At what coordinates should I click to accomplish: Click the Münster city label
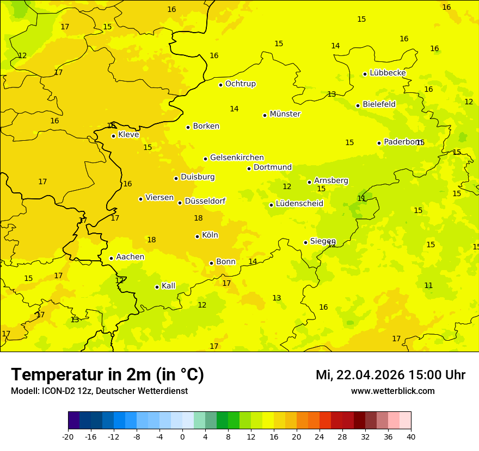[285, 114]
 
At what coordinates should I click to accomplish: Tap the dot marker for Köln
[197, 236]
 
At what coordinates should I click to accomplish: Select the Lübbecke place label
[388, 73]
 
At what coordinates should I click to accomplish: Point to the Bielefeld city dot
[358, 105]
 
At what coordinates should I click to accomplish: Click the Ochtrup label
[240, 84]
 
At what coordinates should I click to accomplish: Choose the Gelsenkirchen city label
[237, 158]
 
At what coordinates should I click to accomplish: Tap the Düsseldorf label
[205, 201]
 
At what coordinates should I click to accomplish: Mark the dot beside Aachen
[111, 258]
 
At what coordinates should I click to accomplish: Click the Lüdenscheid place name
[299, 204]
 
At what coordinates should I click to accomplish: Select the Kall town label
[168, 286]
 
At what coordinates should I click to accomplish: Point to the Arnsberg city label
[331, 180]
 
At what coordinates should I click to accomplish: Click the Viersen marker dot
[140, 199]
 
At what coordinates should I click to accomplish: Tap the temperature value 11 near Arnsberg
[361, 198]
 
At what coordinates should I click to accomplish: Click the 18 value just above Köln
[198, 218]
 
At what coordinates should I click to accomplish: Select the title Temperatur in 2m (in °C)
[107, 374]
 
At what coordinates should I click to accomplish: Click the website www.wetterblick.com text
[392, 391]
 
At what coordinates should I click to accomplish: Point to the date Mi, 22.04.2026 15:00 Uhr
[390, 375]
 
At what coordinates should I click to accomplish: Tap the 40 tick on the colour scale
[411, 436]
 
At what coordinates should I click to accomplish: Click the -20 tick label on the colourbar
[68, 436]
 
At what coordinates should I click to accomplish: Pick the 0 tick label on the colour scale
[182, 436]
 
